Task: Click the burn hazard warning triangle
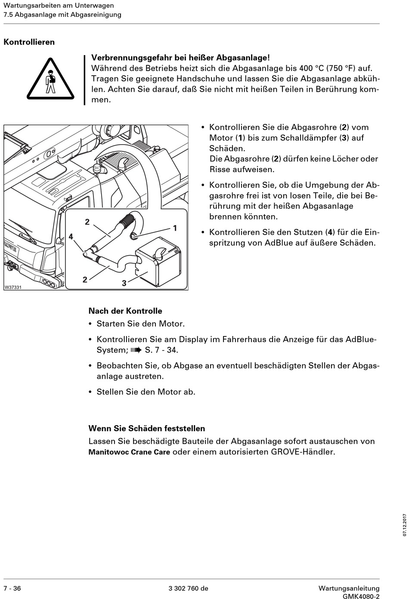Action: pyautogui.click(x=51, y=79)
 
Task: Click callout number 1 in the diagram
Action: pyautogui.click(x=175, y=228)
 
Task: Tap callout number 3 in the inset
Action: pyautogui.click(x=124, y=283)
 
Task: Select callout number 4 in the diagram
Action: pyautogui.click(x=71, y=237)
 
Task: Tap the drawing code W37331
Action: pyautogui.click(x=13, y=287)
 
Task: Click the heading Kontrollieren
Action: pyautogui.click(x=29, y=42)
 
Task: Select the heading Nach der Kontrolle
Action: pyautogui.click(x=125, y=311)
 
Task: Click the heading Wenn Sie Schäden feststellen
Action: pyautogui.click(x=147, y=428)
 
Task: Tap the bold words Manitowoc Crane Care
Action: pyautogui.click(x=129, y=452)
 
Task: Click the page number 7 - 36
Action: pyautogui.click(x=12, y=588)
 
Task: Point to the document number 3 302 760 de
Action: pyautogui.click(x=189, y=588)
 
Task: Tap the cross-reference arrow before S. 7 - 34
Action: pyautogui.click(x=136, y=350)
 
